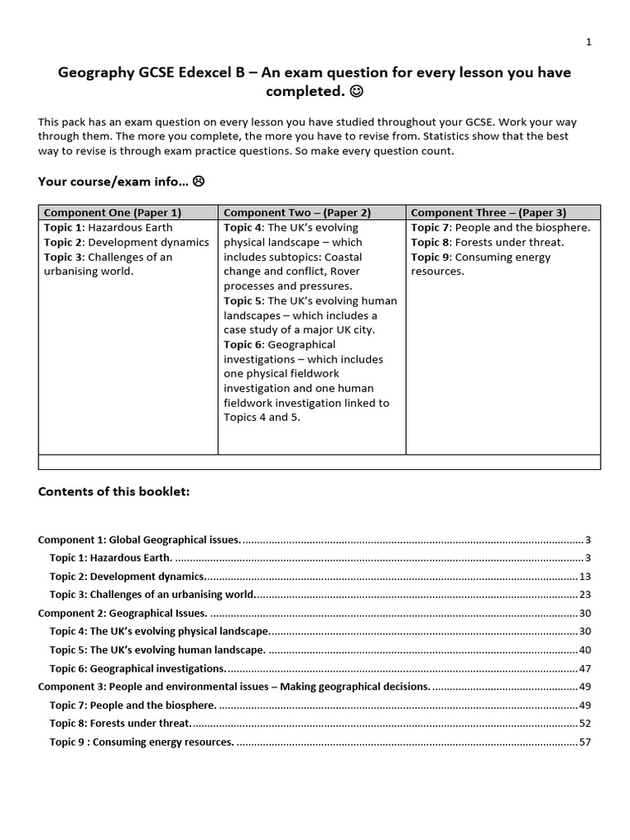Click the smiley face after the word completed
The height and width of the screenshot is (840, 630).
[x=358, y=89]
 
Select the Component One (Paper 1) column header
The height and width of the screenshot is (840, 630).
[x=112, y=212]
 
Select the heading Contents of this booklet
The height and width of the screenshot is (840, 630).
[x=114, y=491]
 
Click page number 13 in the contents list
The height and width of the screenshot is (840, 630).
[x=585, y=577]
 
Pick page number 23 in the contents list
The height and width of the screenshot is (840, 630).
[x=585, y=595]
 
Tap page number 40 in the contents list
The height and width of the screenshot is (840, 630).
[x=585, y=650]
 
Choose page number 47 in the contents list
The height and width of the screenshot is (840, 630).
[x=585, y=669]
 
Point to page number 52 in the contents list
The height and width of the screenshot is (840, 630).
[x=585, y=724]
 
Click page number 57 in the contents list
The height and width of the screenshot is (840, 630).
[x=585, y=742]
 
